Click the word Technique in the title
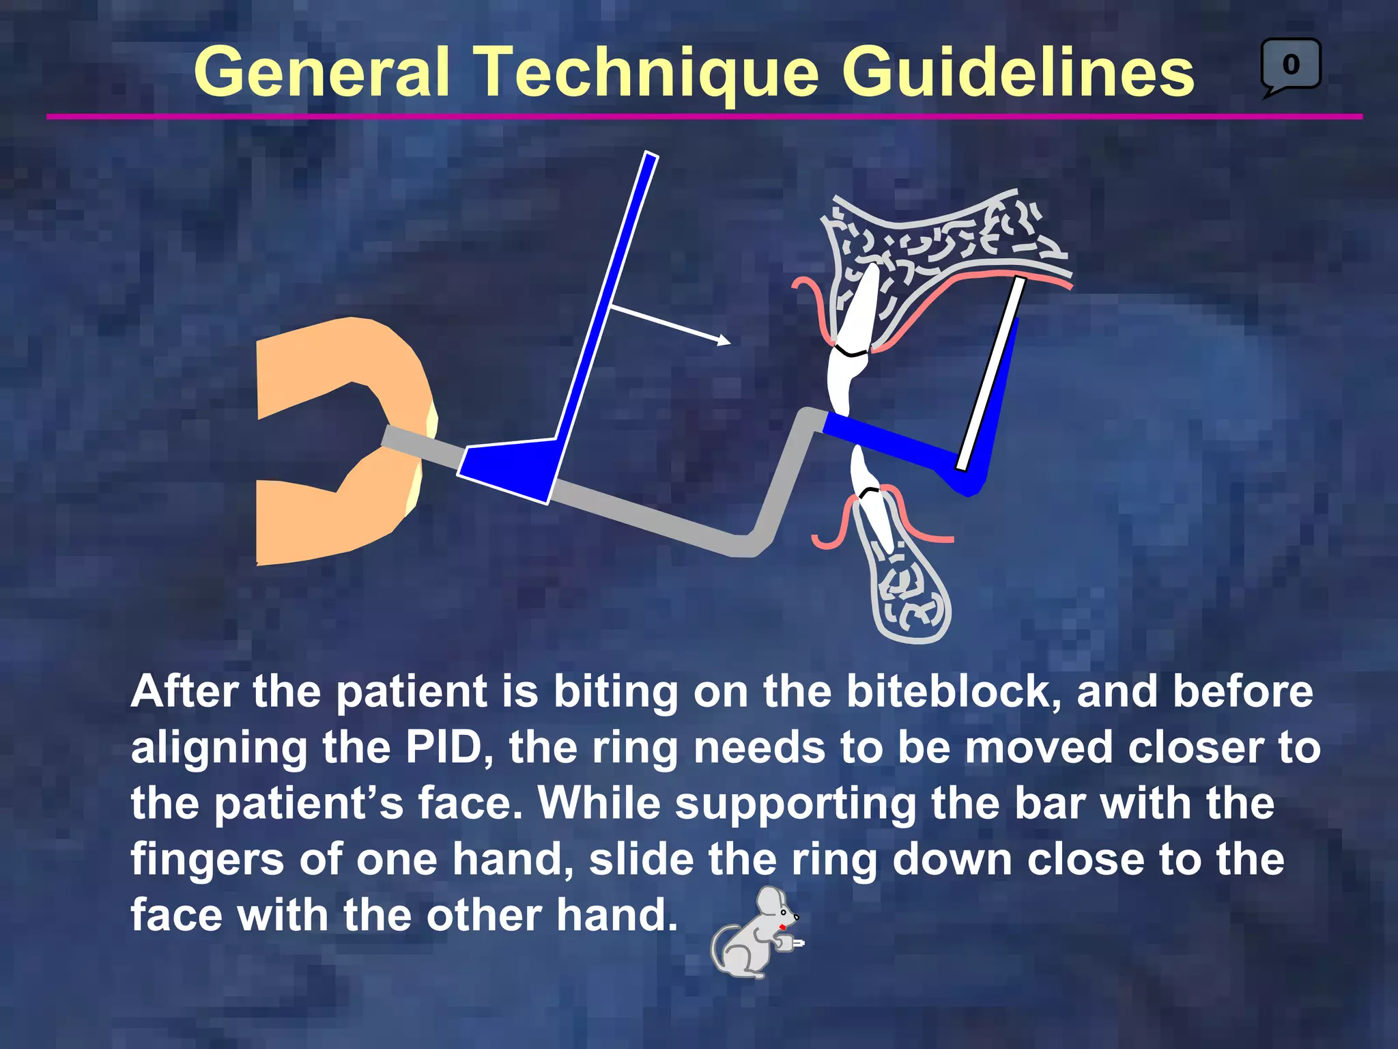[x=645, y=72]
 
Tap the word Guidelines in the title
[x=1017, y=72]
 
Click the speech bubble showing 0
[x=1290, y=65]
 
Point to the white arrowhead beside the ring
[x=724, y=340]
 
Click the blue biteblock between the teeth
[x=887, y=440]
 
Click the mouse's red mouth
[x=782, y=927]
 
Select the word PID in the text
[x=448, y=748]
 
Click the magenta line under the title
[x=703, y=117]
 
